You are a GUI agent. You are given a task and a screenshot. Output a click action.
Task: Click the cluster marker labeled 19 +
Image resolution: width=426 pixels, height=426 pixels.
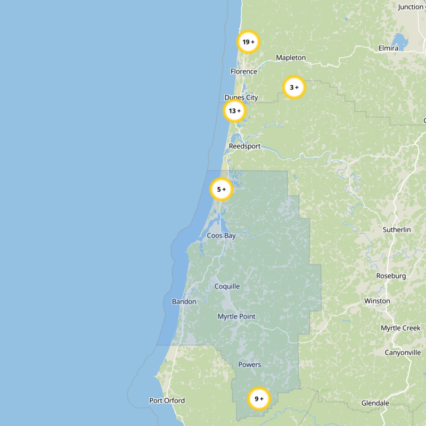(248, 42)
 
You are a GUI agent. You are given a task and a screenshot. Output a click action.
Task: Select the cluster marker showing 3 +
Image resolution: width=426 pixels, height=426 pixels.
(294, 87)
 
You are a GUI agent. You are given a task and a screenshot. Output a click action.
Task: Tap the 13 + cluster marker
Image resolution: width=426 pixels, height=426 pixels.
(234, 111)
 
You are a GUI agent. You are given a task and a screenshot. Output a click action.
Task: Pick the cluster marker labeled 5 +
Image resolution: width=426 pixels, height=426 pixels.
(222, 189)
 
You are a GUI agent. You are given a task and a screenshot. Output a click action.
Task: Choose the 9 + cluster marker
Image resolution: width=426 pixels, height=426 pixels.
(259, 399)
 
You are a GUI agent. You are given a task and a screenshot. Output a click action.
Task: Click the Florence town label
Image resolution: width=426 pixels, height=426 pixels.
(243, 71)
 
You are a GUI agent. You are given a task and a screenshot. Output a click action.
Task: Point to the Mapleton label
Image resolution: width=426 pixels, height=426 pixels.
(291, 58)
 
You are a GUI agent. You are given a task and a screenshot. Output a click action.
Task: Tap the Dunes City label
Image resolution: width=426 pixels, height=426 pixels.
(241, 97)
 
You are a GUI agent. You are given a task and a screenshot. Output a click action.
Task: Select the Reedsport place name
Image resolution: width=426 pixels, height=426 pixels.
(244, 146)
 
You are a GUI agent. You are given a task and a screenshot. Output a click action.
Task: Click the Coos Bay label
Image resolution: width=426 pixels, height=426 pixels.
(221, 235)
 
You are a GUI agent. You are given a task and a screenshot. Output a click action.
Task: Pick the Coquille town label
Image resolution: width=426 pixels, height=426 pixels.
(227, 286)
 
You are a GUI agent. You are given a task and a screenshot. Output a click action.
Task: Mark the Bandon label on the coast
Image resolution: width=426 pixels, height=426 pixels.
(184, 301)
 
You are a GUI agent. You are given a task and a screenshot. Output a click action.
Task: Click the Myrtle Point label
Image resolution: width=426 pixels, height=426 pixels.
(236, 316)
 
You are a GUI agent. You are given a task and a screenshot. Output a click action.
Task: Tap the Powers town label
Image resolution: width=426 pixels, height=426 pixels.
(249, 365)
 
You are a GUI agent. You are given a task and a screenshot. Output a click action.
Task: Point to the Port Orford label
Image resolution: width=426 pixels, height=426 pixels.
(167, 400)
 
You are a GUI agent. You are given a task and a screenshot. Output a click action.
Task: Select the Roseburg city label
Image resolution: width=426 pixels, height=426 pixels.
(391, 276)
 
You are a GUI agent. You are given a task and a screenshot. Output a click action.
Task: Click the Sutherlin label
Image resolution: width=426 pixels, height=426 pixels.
(397, 230)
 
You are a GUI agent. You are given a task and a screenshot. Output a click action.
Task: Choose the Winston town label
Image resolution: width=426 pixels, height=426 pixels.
(377, 301)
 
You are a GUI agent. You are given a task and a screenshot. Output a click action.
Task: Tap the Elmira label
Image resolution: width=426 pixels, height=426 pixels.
(388, 48)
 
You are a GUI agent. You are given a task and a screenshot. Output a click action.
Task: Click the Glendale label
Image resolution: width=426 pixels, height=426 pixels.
(375, 403)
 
